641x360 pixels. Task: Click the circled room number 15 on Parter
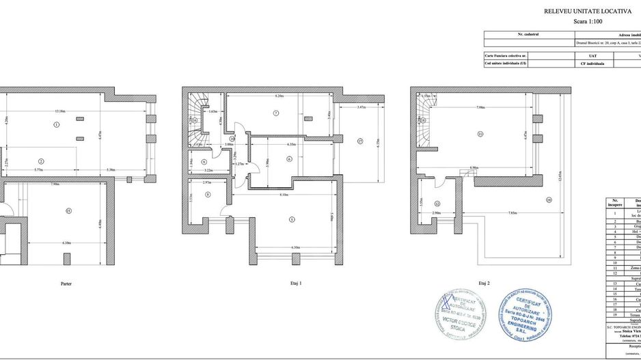click(x=68, y=210)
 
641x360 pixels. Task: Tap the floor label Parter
click(x=66, y=283)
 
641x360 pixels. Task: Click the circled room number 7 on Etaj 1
click(x=275, y=113)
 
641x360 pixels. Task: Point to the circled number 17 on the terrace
click(x=359, y=141)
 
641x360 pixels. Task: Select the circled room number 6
click(x=289, y=159)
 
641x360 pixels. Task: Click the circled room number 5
click(x=292, y=219)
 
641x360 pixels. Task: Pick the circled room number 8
click(x=208, y=195)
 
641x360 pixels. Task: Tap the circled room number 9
click(x=204, y=161)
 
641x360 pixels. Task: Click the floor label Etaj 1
click(x=296, y=283)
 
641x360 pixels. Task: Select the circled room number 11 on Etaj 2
click(x=480, y=134)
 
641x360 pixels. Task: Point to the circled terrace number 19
click(x=548, y=199)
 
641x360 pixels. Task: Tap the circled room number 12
click(x=437, y=203)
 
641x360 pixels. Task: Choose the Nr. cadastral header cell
click(x=528, y=33)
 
